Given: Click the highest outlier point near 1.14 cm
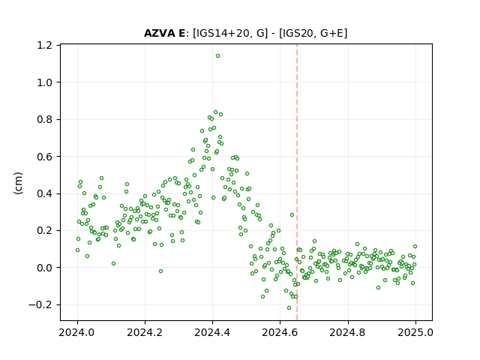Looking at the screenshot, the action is click(217, 56).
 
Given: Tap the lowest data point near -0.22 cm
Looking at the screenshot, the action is click(289, 307).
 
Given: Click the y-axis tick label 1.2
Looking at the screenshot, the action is click(44, 45).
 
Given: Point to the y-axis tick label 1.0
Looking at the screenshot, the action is click(44, 82).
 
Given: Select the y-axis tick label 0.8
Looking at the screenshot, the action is click(44, 119).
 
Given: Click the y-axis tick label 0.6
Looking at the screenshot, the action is click(44, 157).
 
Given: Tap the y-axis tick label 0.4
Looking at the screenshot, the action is click(44, 193).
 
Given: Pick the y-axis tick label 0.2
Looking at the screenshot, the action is click(44, 230).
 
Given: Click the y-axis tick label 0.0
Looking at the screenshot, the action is click(44, 268).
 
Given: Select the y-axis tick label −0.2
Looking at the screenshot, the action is click(40, 304).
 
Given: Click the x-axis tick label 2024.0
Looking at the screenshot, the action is click(77, 332).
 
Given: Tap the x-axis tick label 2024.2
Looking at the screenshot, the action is click(145, 332).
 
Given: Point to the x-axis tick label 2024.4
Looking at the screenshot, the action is click(212, 332).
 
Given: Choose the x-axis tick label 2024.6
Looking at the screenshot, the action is click(280, 332).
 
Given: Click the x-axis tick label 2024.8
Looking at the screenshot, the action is click(348, 332).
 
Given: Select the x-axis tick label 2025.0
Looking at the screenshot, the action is click(415, 332).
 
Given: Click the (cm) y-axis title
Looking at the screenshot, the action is click(18, 183).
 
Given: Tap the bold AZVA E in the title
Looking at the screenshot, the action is click(164, 33).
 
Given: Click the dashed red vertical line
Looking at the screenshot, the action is click(297, 182).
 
